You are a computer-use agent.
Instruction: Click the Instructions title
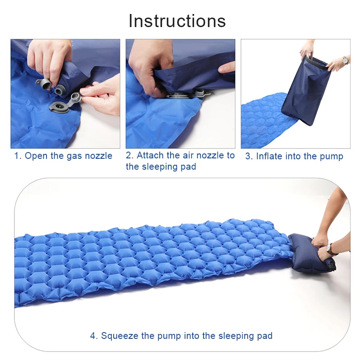[177, 21]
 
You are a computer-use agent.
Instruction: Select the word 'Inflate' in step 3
[270, 156]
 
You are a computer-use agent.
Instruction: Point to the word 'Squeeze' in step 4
[118, 336]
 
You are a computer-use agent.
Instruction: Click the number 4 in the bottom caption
[93, 336]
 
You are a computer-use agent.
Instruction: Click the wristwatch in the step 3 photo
[345, 60]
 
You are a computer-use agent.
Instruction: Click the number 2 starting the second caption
[128, 155]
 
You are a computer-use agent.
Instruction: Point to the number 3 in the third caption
[248, 156]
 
